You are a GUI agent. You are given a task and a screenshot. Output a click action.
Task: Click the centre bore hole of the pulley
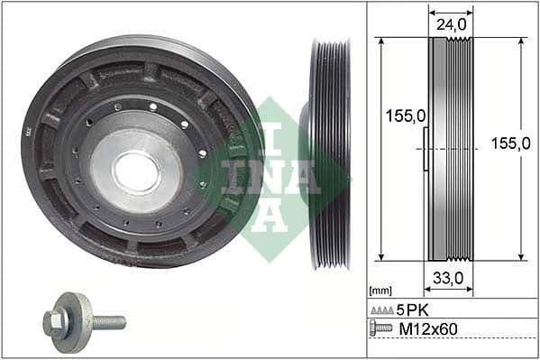(137, 171)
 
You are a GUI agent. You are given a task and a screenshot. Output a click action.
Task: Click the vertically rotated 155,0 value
(526, 149)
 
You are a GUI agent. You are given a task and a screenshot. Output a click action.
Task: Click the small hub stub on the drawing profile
(425, 149)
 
